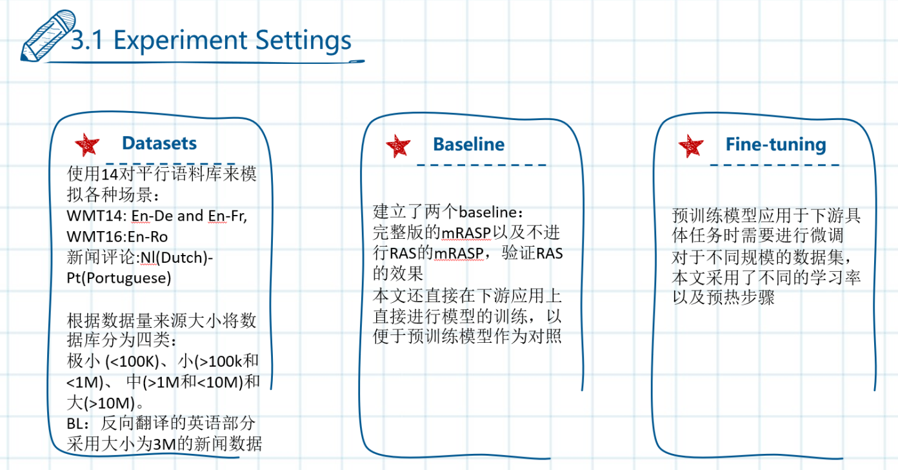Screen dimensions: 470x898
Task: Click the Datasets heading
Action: pos(159,143)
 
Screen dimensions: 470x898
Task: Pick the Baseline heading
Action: pos(469,145)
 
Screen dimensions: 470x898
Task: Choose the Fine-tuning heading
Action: pos(775,145)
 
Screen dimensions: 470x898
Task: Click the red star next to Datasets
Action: pos(87,145)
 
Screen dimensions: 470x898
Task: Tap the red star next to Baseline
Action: pos(398,146)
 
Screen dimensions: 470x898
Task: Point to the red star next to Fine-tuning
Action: pos(691,146)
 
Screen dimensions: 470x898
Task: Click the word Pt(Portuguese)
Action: pos(119,278)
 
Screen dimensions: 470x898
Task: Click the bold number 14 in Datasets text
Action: pos(110,174)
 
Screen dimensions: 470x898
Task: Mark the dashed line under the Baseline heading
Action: pos(481,165)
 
